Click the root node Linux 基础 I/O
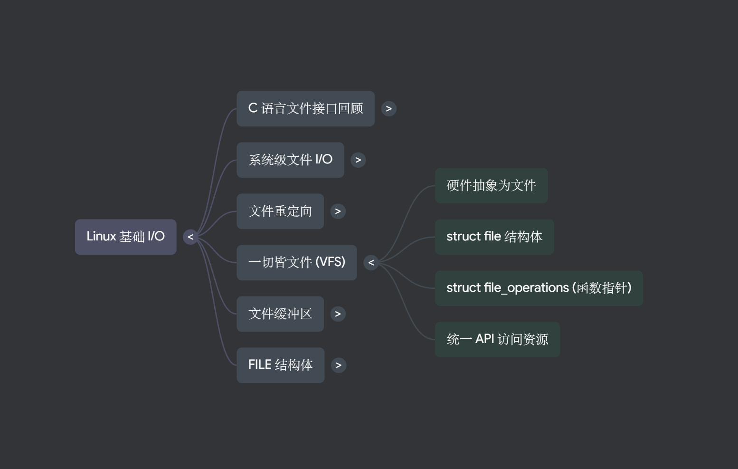coord(125,237)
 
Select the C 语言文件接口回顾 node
coord(305,109)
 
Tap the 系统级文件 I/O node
coord(290,160)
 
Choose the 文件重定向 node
coord(280,211)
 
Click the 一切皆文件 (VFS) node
coord(296,263)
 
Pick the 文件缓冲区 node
coord(280,314)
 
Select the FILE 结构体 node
coord(280,365)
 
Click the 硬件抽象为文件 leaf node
coord(491,186)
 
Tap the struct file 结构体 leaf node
coord(494,237)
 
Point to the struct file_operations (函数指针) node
coord(539,288)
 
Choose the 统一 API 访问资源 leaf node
coord(497,340)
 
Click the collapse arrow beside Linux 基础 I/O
coord(190,237)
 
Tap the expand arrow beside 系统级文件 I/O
coord(358,160)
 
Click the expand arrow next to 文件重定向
coord(338,211)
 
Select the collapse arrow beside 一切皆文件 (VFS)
coord(371,263)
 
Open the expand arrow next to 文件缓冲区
coord(338,314)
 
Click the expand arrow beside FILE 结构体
coord(338,365)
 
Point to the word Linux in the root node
coord(101,237)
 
